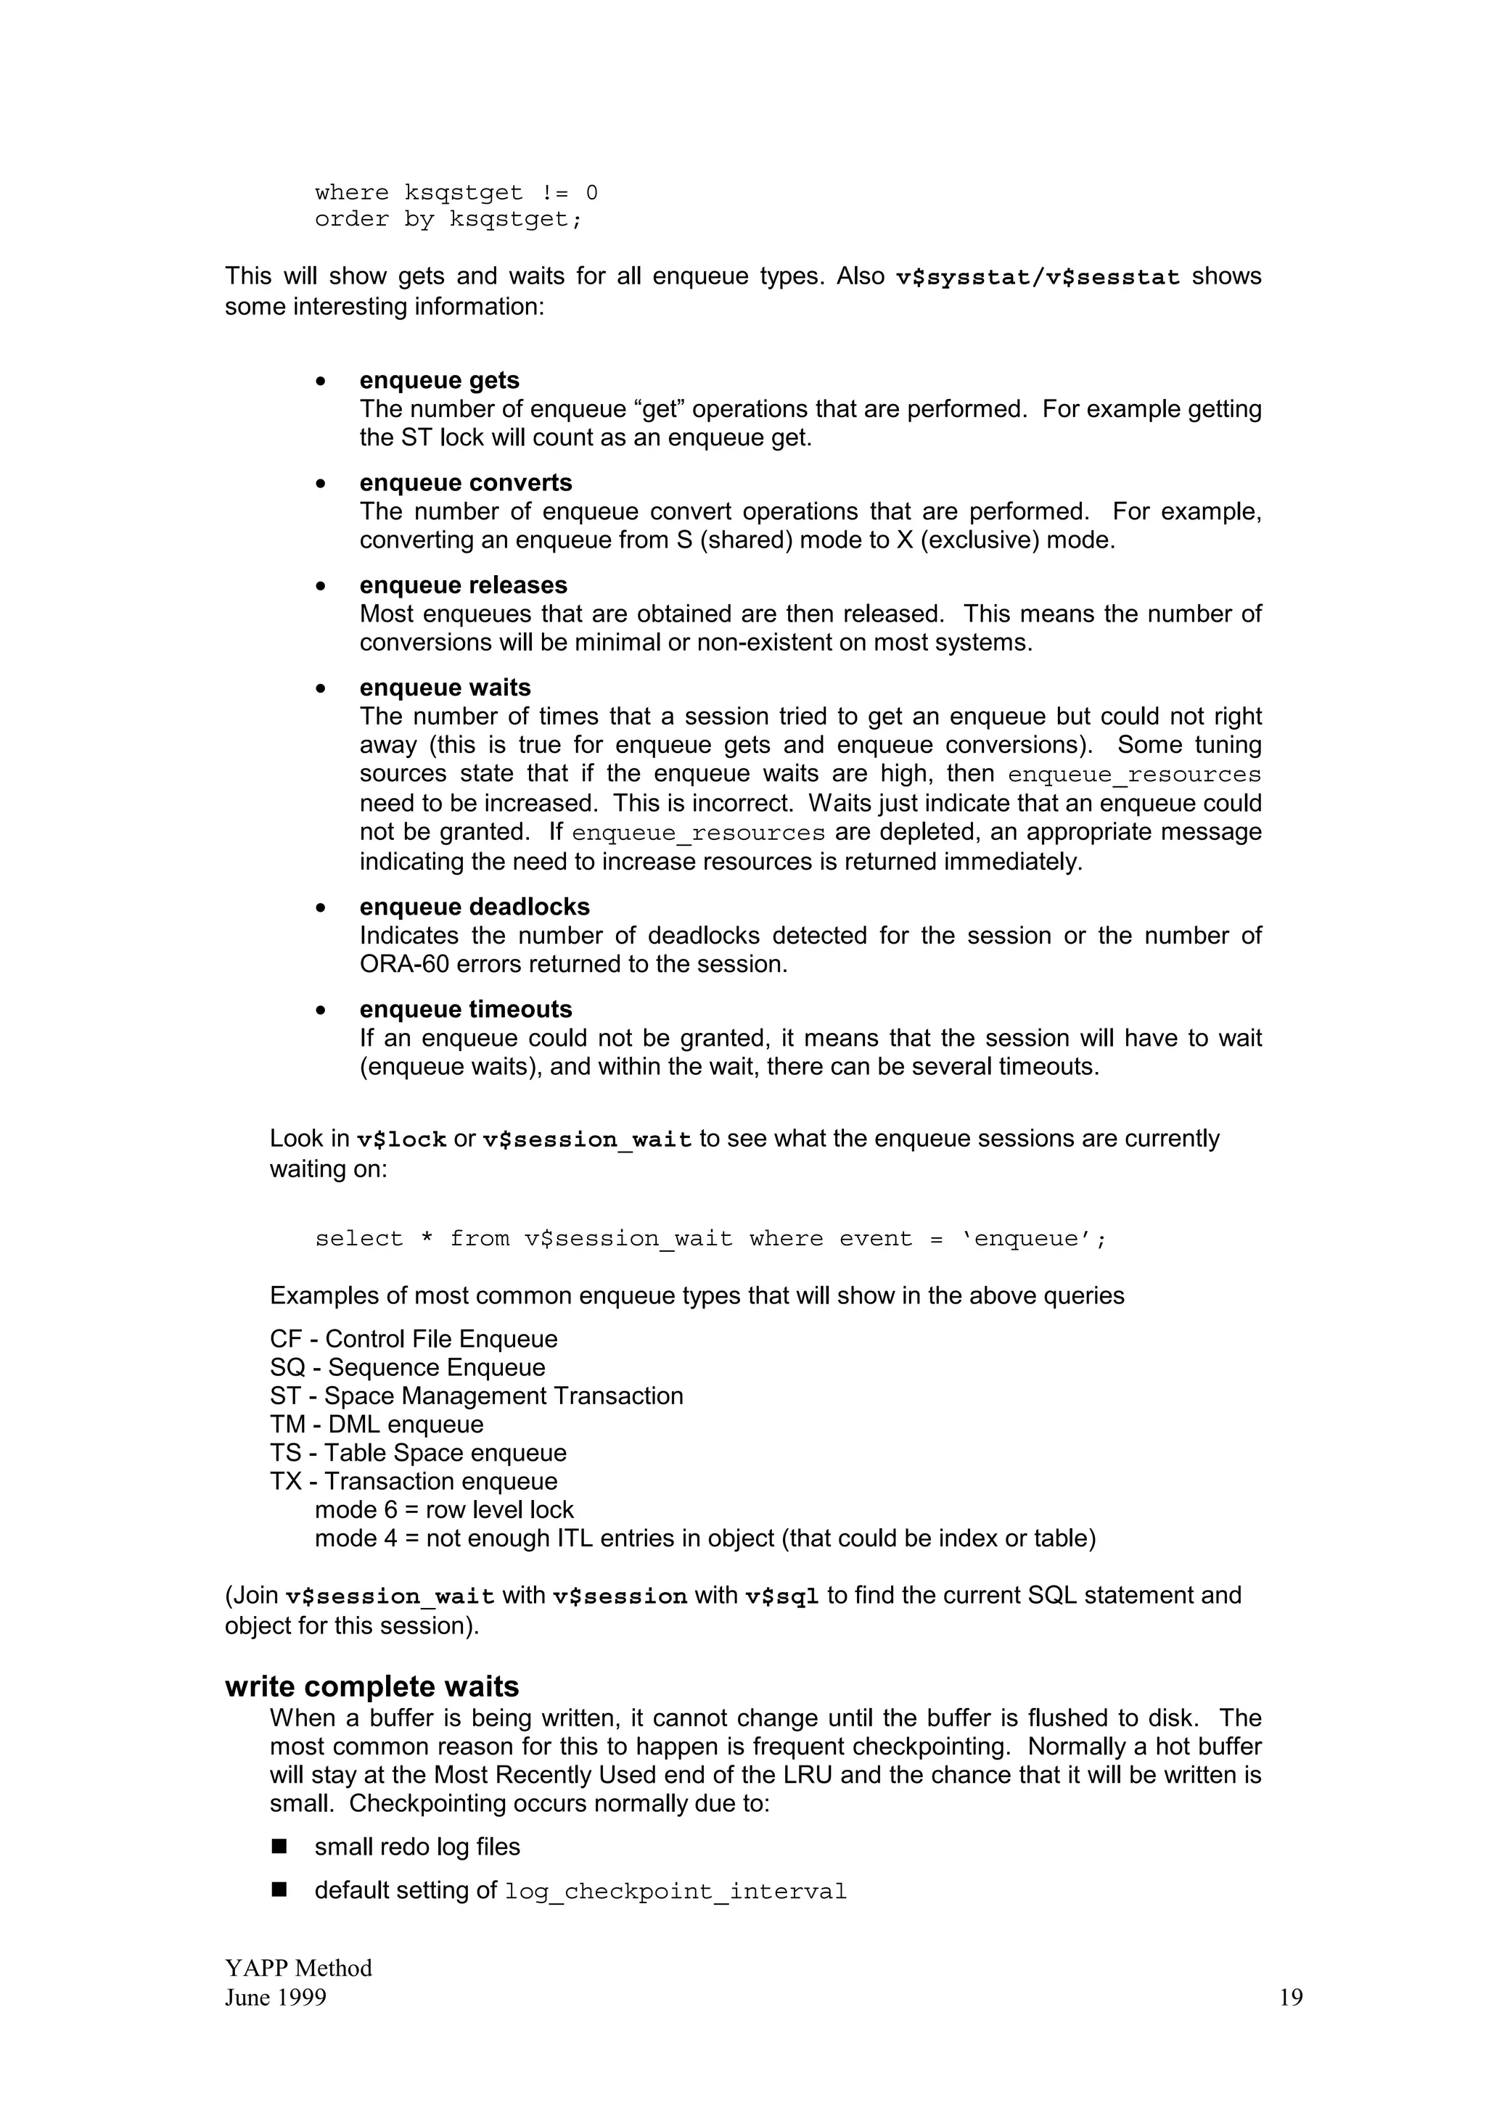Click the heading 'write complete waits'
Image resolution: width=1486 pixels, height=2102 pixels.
(371, 1686)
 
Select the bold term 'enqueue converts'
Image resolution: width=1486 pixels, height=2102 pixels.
(465, 482)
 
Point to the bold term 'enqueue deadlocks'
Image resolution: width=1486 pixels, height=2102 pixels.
(475, 907)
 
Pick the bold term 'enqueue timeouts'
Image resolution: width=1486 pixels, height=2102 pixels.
(465, 1009)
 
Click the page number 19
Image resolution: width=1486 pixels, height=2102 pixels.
(1290, 1998)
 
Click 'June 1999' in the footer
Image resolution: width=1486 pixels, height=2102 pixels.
(276, 1998)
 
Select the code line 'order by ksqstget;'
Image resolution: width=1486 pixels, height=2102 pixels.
(448, 220)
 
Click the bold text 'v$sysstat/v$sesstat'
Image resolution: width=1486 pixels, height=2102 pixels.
(1038, 277)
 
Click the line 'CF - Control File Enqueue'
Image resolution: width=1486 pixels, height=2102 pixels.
(413, 1338)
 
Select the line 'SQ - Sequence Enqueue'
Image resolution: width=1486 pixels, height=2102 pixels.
(408, 1367)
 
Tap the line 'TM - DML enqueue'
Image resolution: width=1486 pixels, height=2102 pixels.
(377, 1424)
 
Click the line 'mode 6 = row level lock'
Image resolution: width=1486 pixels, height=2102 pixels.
(444, 1509)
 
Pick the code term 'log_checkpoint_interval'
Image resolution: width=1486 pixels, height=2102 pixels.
(676, 1892)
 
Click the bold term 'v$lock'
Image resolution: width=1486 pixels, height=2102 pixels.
(401, 1139)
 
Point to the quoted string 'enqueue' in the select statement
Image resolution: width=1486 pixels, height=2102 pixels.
(1025, 1239)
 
